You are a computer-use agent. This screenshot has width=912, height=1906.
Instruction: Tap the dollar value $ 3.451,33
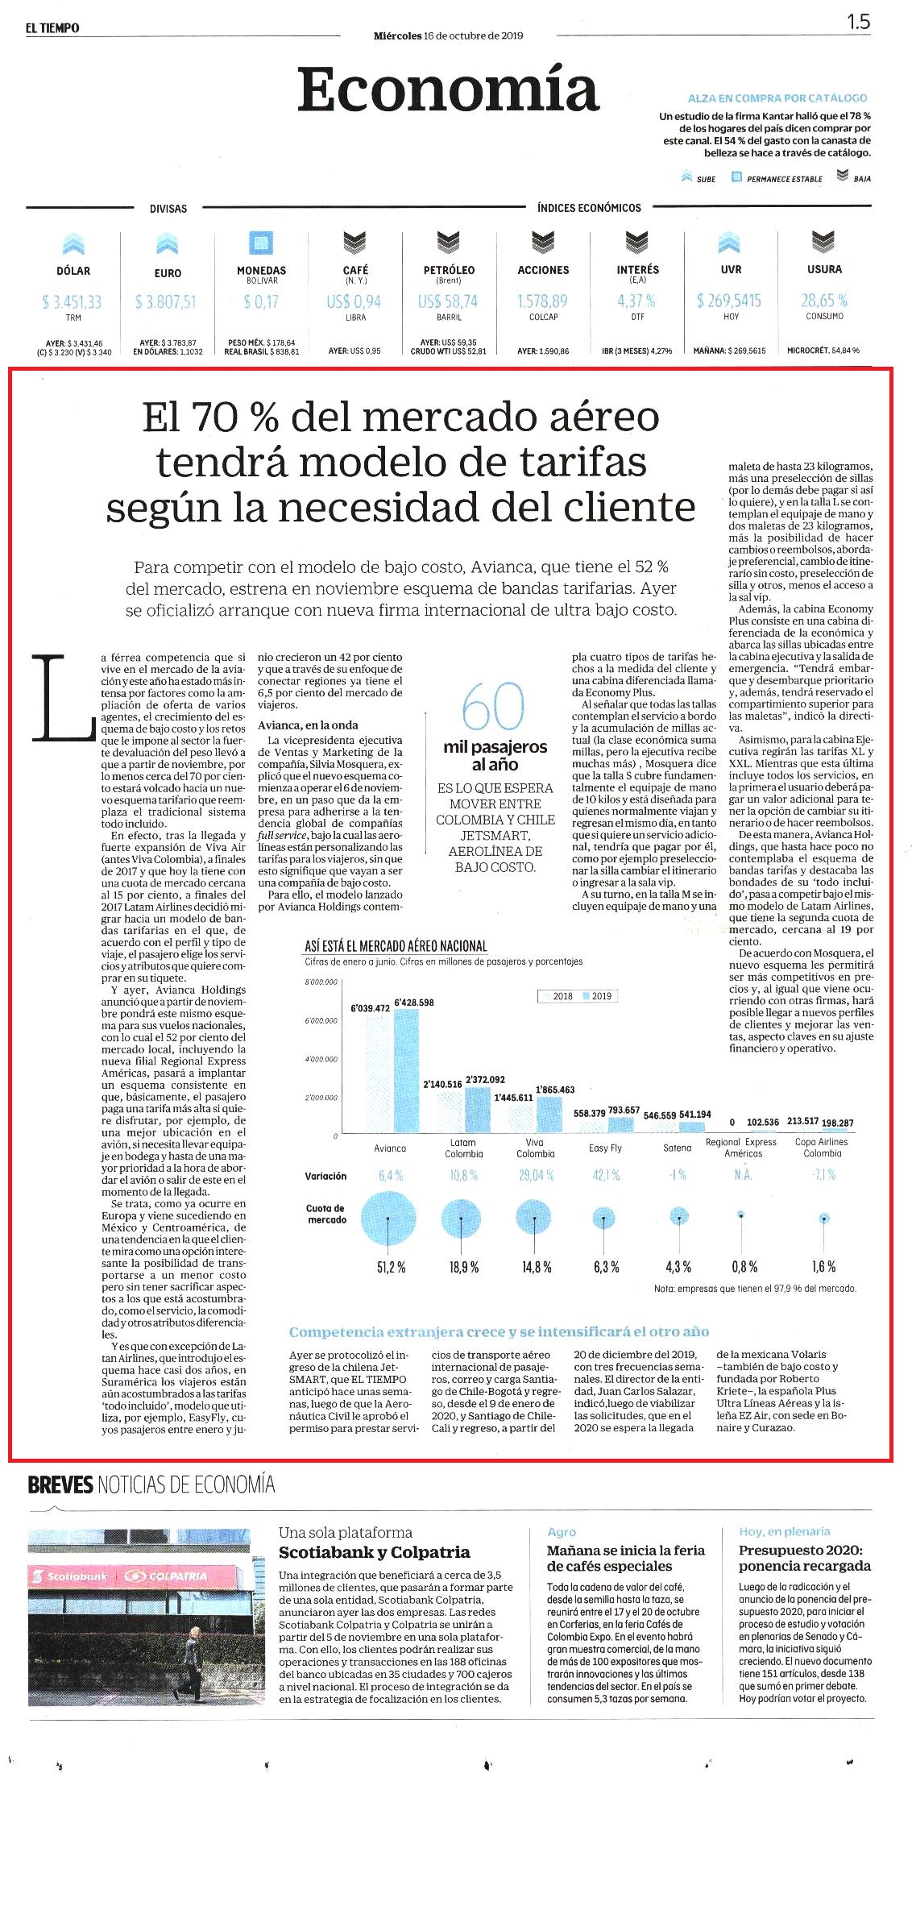[x=73, y=302]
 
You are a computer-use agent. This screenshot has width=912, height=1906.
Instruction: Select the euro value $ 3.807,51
[x=166, y=302]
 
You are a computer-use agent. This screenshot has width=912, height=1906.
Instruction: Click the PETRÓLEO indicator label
[x=449, y=270]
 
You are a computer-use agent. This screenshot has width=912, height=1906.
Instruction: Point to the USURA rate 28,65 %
[x=824, y=301]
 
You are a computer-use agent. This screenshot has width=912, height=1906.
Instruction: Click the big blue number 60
[x=493, y=706]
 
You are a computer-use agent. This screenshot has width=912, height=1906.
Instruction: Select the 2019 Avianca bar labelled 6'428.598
[x=407, y=1072]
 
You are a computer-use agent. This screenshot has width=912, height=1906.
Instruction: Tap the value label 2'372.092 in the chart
[x=485, y=1079]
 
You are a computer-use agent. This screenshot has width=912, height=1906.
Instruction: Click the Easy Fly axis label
[x=605, y=1148]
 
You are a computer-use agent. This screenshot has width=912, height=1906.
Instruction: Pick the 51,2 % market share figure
[x=392, y=1268]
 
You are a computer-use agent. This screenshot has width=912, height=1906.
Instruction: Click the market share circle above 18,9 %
[x=463, y=1219]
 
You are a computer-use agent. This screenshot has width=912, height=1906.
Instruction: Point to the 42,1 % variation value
[x=606, y=1175]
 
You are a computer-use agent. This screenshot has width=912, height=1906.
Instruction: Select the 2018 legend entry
[x=557, y=996]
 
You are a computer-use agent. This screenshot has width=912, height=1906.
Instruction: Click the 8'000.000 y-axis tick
[x=321, y=982]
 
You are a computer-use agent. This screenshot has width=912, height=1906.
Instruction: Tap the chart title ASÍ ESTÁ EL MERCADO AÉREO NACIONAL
[x=396, y=946]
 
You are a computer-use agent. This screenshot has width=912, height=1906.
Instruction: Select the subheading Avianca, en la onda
[x=308, y=725]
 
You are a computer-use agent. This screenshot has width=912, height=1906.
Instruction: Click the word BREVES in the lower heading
[x=60, y=1485]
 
